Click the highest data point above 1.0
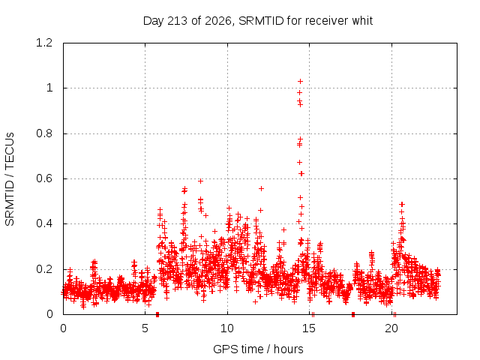[x=300, y=81]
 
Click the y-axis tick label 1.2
[x=44, y=43]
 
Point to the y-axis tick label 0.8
[x=44, y=133]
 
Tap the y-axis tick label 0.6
[x=44, y=178]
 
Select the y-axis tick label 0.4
[x=44, y=223]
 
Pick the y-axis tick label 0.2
[x=44, y=269]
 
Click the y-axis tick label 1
[x=49, y=88]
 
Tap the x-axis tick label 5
[x=145, y=328]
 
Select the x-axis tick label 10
[x=227, y=328]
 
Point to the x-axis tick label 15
[x=309, y=328]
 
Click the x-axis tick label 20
[x=391, y=328]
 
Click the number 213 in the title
[x=178, y=21]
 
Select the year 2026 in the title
[x=218, y=21]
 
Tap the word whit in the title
[x=362, y=21]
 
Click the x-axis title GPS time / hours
[x=258, y=349]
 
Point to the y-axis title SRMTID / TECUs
[x=10, y=179]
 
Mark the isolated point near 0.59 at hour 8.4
[x=200, y=181]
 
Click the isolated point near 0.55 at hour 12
[x=261, y=188]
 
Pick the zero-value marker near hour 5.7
[x=157, y=314]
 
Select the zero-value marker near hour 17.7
[x=353, y=314]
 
